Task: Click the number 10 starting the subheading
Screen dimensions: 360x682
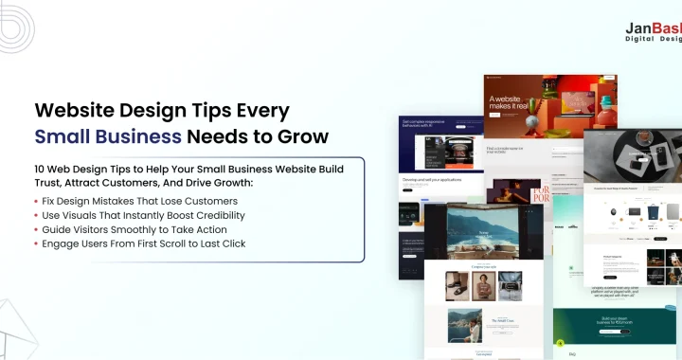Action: [41, 169]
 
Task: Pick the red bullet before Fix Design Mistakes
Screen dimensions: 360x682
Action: [36, 201]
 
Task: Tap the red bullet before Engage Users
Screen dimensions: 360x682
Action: [36, 243]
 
